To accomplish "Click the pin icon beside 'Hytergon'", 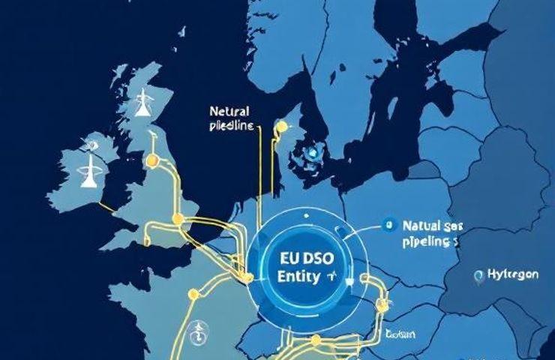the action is [478, 276].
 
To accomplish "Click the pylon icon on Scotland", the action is [140, 106].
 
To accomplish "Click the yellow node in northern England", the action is [153, 160].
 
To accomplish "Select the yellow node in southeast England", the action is [178, 219].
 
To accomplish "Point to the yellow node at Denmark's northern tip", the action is [282, 127].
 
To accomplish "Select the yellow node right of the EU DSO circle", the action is [383, 304].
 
